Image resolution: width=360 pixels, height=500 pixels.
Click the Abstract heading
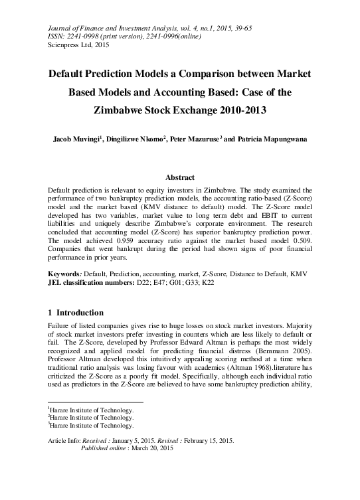[x=179, y=178]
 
